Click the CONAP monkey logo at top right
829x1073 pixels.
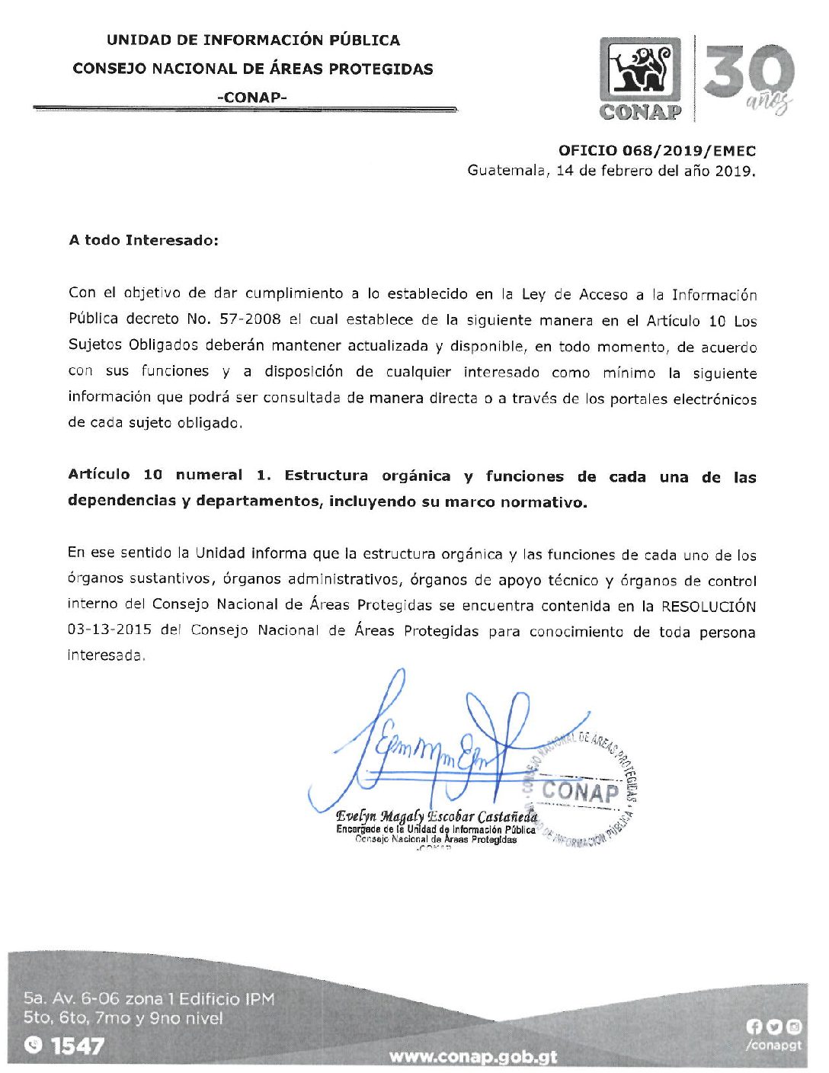tap(640, 78)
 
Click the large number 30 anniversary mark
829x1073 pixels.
tap(749, 75)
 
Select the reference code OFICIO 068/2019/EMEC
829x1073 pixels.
tap(657, 151)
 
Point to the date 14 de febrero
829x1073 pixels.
tap(605, 171)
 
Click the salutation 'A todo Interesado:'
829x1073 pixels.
tap(143, 240)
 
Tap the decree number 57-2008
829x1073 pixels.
tap(250, 319)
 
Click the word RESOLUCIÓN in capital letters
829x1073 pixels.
tap(709, 607)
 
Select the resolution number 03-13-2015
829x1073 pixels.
tap(109, 630)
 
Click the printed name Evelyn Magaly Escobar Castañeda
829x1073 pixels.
tap(437, 816)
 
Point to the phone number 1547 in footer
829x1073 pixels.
tap(78, 1046)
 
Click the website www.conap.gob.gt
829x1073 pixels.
tap(472, 1057)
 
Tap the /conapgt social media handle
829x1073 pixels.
tap(773, 1046)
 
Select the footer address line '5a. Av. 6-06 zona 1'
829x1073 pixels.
tap(149, 998)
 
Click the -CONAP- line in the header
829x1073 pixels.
tap(251, 98)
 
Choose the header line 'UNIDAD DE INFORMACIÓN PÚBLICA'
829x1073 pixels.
tap(253, 40)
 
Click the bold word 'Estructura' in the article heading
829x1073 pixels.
tap(326, 476)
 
